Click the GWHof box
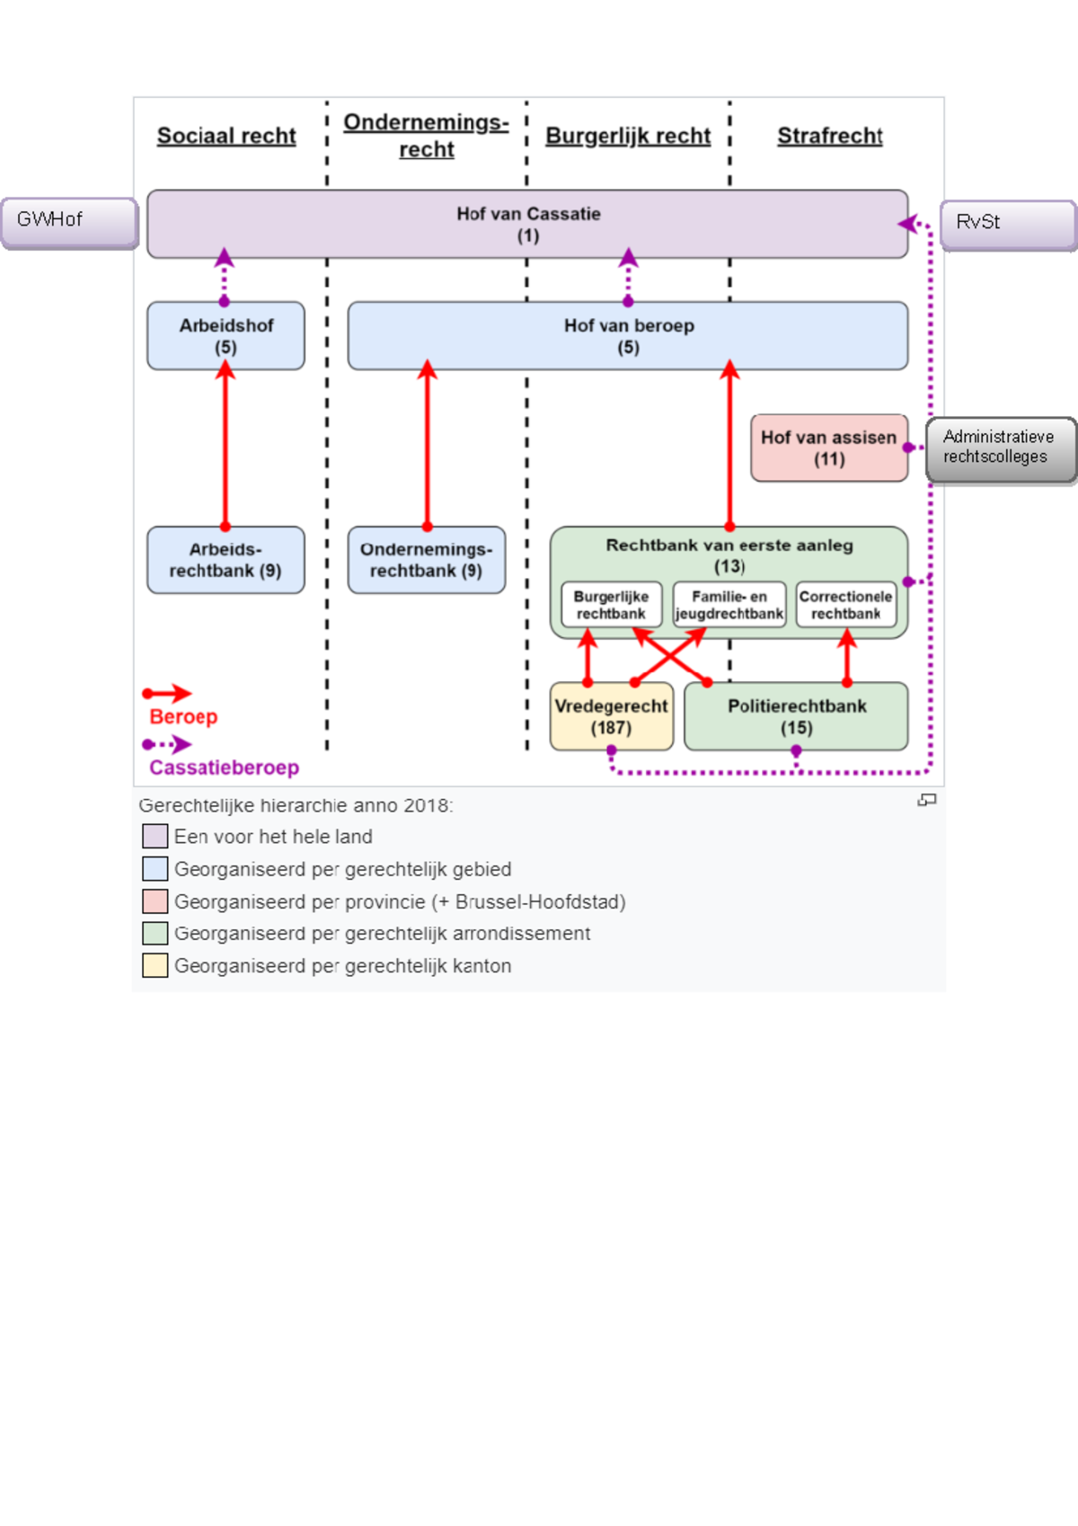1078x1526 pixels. [69, 221]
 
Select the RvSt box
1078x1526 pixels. [1008, 224]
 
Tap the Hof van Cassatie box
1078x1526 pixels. [527, 225]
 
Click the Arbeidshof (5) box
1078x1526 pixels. [225, 336]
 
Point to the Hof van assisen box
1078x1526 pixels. [829, 448]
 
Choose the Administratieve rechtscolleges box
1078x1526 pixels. [1001, 450]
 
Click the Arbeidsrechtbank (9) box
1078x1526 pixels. [225, 560]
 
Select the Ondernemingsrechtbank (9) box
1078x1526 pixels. [427, 560]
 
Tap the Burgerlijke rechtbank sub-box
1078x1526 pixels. [611, 605]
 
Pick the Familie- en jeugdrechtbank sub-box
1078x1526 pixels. [729, 605]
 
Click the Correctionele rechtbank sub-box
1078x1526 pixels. [846, 605]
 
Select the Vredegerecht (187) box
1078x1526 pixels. [611, 716]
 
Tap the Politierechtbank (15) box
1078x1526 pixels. [796, 716]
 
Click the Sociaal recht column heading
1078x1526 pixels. [226, 136]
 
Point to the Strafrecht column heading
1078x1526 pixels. [830, 136]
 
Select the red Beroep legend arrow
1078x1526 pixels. [167, 694]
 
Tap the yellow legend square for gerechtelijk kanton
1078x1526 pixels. [155, 965]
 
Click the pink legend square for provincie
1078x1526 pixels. [155, 901]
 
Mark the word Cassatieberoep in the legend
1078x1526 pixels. [224, 767]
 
